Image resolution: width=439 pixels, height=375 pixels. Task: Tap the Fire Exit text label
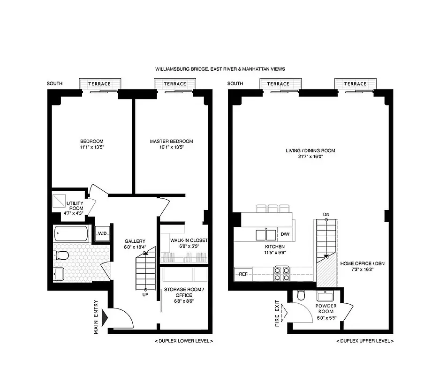coord(277,313)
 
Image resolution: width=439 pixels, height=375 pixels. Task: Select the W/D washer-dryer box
coord(102,233)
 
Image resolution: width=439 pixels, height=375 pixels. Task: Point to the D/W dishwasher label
coord(285,234)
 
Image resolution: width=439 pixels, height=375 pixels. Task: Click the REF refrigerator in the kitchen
coord(243,274)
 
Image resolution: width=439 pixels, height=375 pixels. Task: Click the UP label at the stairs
coord(145,295)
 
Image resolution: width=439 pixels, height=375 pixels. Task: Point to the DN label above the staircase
coord(325,215)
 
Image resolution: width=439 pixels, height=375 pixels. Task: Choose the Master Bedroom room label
coord(171,141)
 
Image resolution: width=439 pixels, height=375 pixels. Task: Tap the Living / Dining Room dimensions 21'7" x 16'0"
coord(310,157)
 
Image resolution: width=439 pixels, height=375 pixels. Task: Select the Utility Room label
coord(75,206)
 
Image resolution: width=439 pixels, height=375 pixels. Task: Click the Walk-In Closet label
coord(182,240)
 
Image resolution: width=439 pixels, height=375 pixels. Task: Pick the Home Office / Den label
coord(362,263)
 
